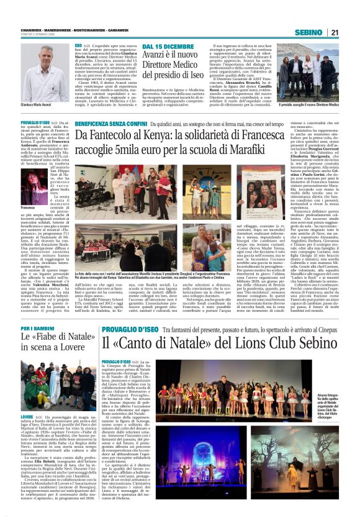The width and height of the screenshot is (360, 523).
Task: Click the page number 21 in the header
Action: (x=334, y=32)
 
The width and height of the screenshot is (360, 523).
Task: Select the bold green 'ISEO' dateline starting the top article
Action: (x=78, y=46)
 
